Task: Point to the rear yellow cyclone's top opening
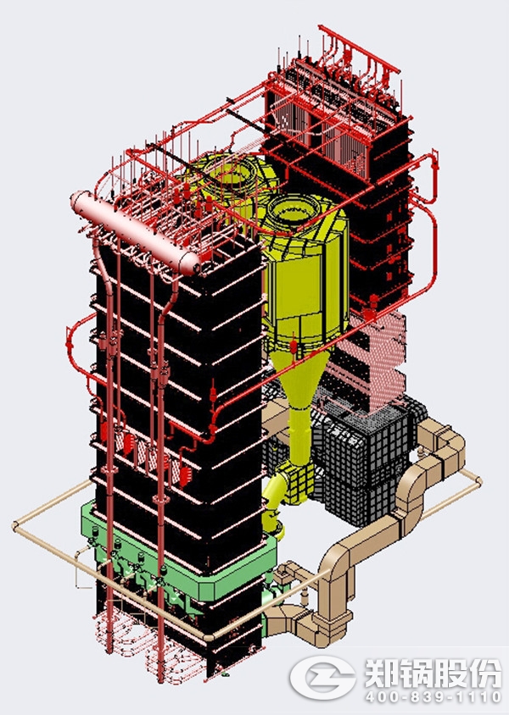(x=231, y=172)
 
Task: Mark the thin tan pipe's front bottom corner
(x=208, y=637)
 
